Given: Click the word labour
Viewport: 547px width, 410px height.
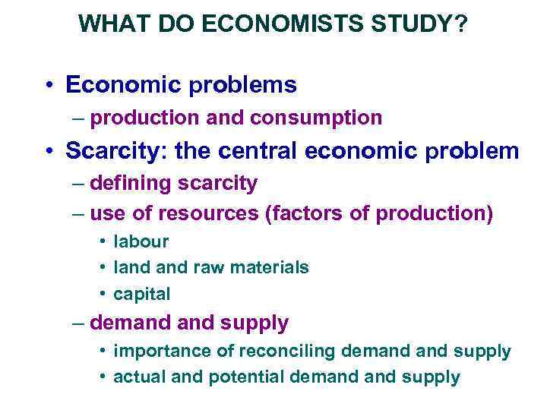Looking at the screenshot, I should pos(141,242).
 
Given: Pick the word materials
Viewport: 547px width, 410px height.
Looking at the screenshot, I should pos(271,267).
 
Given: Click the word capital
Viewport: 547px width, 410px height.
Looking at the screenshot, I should pos(141,293).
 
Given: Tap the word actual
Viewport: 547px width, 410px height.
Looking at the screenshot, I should pos(137,377).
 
